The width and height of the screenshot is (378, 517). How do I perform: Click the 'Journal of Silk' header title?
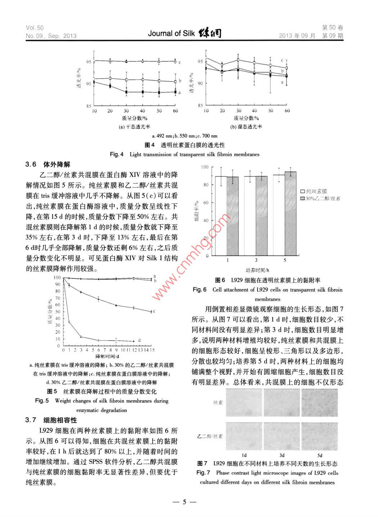click(x=171, y=33)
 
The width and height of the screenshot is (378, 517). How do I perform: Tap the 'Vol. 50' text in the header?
click(x=35, y=28)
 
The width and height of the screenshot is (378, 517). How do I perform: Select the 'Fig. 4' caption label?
click(x=117, y=154)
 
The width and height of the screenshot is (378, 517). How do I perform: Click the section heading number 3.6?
click(x=31, y=165)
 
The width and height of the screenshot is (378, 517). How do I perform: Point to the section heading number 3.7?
click(x=31, y=420)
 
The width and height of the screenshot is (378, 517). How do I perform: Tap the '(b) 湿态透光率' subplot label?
click(x=246, y=127)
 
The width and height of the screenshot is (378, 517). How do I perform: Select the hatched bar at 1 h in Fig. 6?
click(x=233, y=216)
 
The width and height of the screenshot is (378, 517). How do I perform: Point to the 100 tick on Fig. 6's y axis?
click(x=204, y=167)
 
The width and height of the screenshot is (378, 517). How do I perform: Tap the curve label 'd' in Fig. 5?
click(x=139, y=340)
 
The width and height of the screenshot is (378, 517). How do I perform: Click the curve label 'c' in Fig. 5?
click(x=154, y=311)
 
